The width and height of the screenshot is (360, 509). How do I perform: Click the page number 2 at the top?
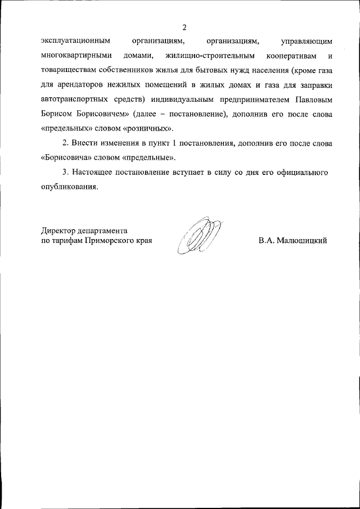pos(184,27)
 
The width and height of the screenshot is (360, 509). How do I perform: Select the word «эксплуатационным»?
pos(75,41)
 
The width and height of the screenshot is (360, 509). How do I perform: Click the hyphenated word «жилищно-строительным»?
pos(211,56)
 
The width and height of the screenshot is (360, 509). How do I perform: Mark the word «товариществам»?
pos(70,70)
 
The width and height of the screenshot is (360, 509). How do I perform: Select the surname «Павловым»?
pos(313,100)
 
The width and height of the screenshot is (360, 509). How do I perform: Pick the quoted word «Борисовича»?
pos(67,158)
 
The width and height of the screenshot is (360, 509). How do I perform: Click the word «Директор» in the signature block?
pos(59,231)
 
